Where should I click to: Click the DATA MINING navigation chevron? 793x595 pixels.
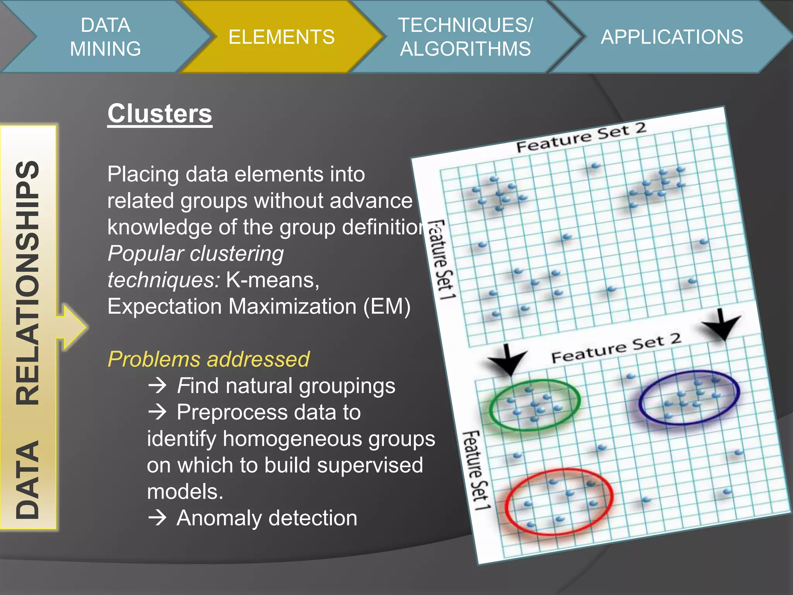pos(105,37)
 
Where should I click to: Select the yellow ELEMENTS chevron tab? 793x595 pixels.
pos(281,37)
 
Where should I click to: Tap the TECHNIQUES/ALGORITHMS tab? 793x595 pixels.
pos(465,37)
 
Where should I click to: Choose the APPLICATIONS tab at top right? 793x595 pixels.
pos(672,37)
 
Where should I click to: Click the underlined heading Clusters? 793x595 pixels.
pos(160,113)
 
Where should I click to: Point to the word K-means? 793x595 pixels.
pos(272,280)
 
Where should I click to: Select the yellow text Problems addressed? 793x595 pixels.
pos(208,359)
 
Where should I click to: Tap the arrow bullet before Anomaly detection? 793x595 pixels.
pos(158,518)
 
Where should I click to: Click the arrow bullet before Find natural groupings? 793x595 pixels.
pos(158,386)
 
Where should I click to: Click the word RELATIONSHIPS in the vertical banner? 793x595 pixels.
pos(28,283)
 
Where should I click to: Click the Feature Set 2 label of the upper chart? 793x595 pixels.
pos(581,138)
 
